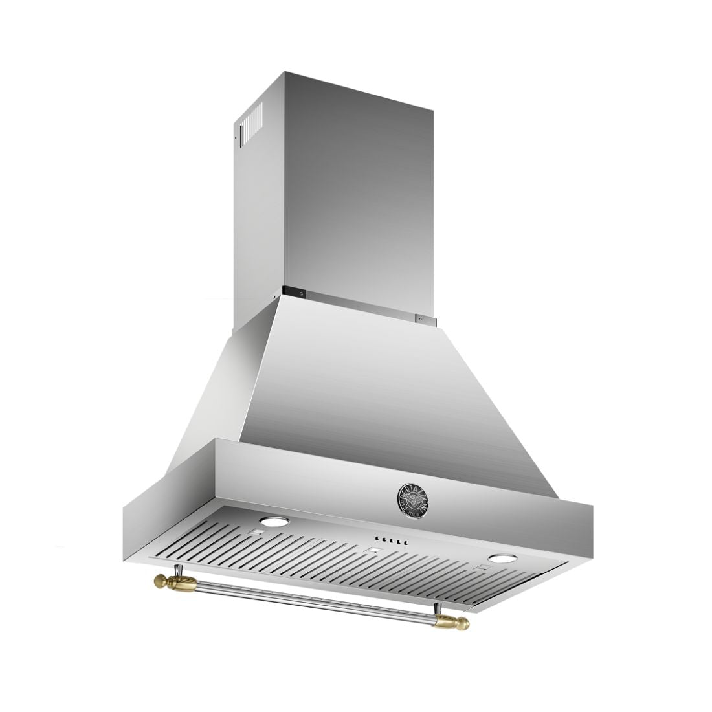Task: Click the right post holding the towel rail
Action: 439,611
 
